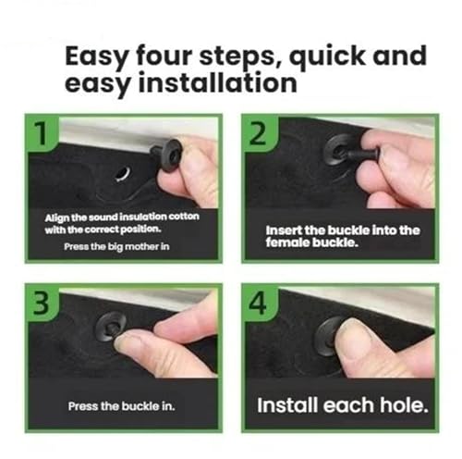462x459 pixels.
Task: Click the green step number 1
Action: [x=41, y=133]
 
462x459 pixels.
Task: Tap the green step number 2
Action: [x=258, y=133]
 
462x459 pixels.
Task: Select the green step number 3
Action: [x=41, y=303]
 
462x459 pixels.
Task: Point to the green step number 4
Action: [x=258, y=303]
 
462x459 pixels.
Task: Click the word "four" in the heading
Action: [x=164, y=56]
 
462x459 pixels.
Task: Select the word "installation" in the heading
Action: [x=218, y=82]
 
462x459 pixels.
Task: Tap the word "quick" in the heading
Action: [x=327, y=57]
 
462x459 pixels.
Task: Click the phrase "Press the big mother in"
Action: [x=116, y=246]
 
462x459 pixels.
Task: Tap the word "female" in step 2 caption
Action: [x=287, y=242]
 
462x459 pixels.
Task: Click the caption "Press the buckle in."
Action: [x=121, y=406]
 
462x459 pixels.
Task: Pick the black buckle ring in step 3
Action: [x=107, y=328]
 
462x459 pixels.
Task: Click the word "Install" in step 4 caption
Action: [x=287, y=404]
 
